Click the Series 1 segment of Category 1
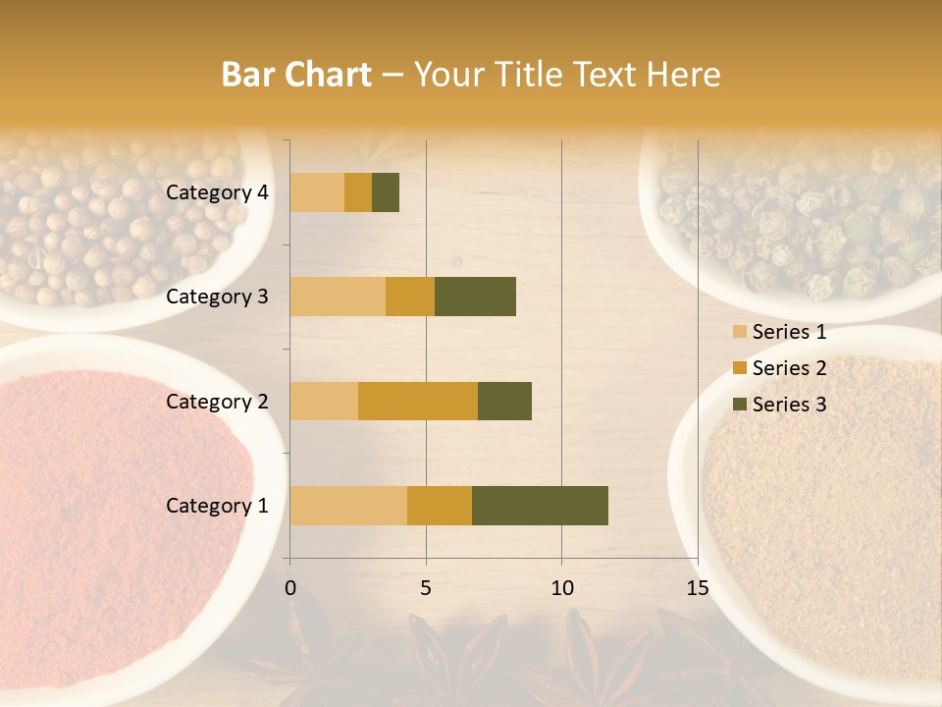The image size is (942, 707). click(x=348, y=505)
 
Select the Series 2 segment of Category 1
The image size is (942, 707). click(x=440, y=505)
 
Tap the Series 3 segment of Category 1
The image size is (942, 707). click(x=540, y=505)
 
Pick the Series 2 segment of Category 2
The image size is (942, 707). click(x=418, y=401)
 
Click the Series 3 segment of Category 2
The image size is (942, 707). click(x=504, y=401)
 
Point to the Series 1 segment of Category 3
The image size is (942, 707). click(x=338, y=297)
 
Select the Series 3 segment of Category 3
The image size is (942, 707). click(x=475, y=297)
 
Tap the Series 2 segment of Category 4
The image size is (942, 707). click(x=358, y=192)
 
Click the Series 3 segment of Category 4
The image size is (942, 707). click(x=386, y=192)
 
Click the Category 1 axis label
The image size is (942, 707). click(x=217, y=506)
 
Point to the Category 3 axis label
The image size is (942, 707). click(x=217, y=297)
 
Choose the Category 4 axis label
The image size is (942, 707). click(x=217, y=192)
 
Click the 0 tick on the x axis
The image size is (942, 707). click(x=290, y=588)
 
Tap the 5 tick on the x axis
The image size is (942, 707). click(x=426, y=588)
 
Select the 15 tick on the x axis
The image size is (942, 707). click(x=697, y=588)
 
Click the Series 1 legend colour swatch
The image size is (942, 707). click(x=739, y=333)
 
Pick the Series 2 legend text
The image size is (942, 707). click(x=789, y=368)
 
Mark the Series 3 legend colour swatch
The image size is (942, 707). click(x=739, y=405)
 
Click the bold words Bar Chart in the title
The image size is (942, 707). click(x=295, y=75)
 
